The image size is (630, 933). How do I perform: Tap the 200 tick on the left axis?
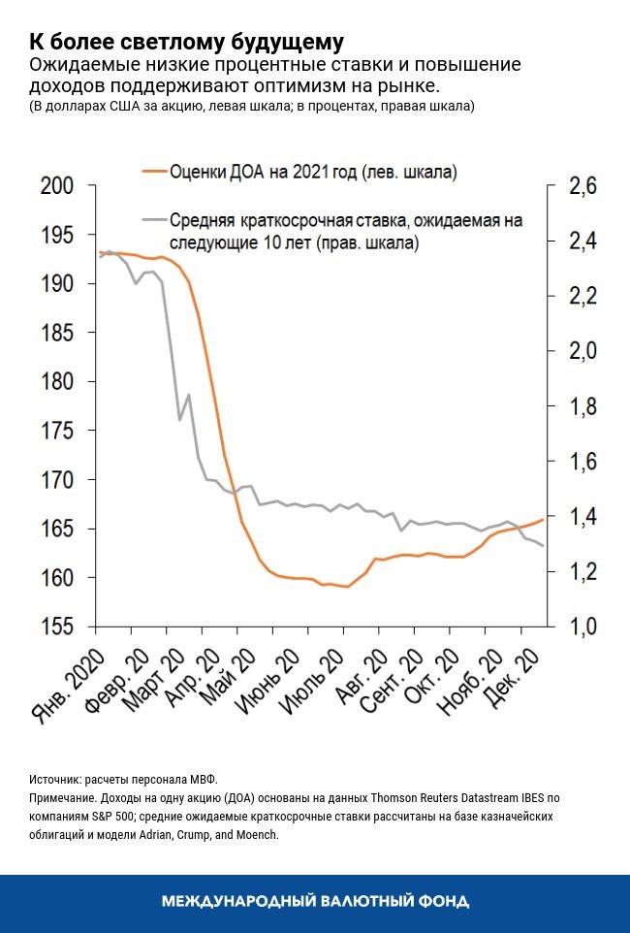[60, 186]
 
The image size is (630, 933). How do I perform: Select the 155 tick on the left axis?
[60, 627]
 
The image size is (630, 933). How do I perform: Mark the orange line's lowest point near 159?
[346, 587]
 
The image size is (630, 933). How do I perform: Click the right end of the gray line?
[542, 546]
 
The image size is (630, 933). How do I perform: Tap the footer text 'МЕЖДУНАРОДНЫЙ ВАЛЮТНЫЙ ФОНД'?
[315, 902]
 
